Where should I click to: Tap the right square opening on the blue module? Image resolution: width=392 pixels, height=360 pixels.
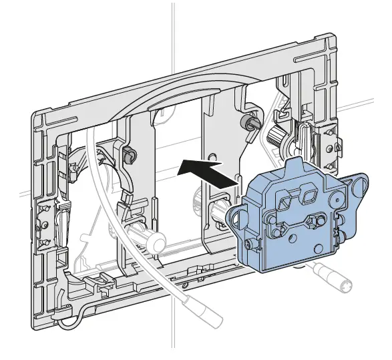click(x=309, y=196)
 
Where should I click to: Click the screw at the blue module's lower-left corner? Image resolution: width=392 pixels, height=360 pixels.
click(x=250, y=244)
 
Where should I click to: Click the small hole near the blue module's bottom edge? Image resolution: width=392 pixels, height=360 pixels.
click(x=294, y=238)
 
